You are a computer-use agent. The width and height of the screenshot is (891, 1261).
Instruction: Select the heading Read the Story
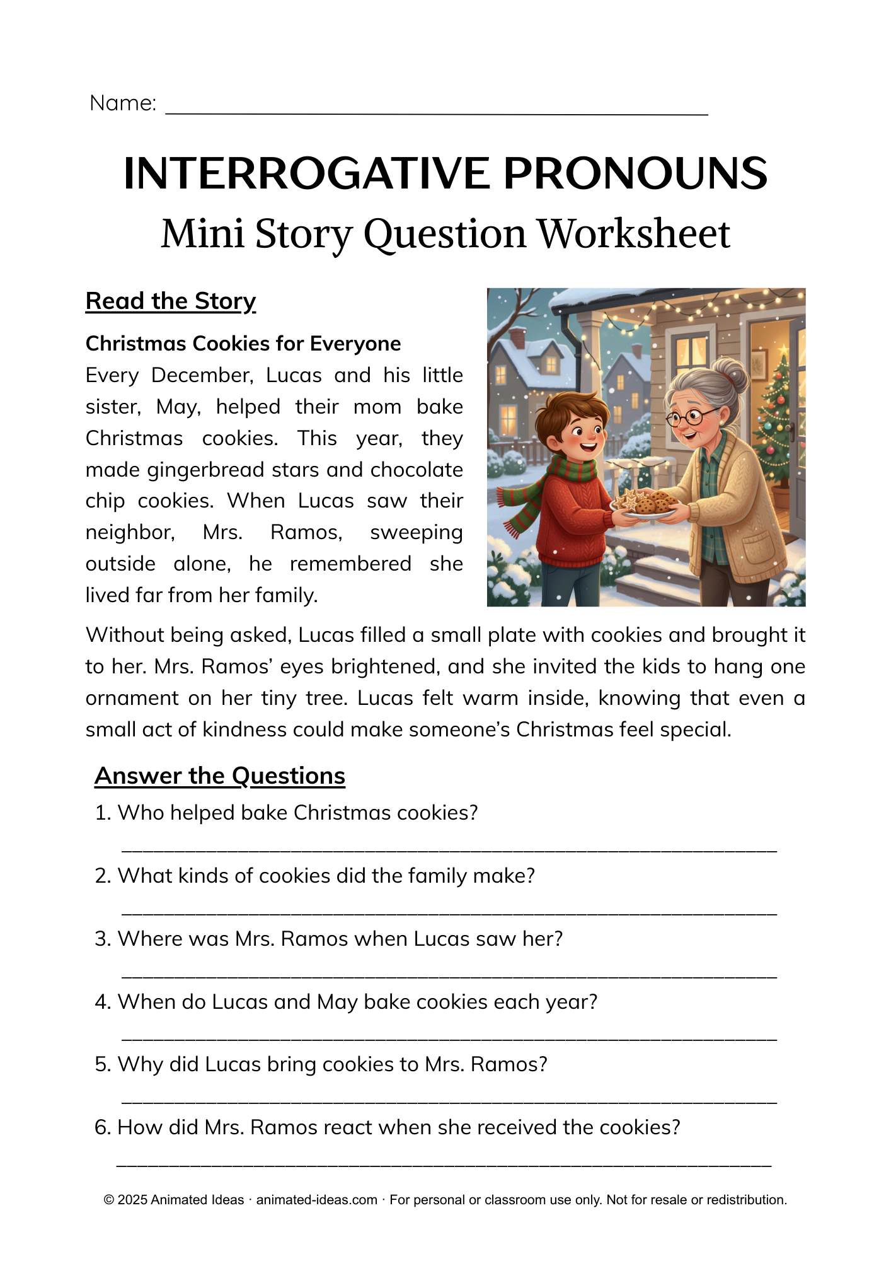click(x=171, y=301)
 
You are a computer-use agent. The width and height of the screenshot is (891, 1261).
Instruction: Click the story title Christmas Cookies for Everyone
click(x=243, y=344)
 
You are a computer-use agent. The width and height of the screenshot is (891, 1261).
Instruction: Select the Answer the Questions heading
click(x=220, y=776)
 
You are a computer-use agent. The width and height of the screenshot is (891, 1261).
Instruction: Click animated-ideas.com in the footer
click(x=316, y=1200)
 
